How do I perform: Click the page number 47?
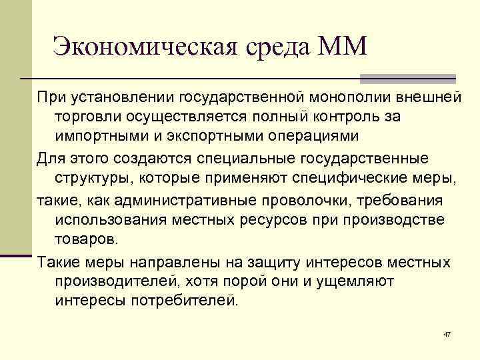447,333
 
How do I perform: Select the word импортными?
95,136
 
